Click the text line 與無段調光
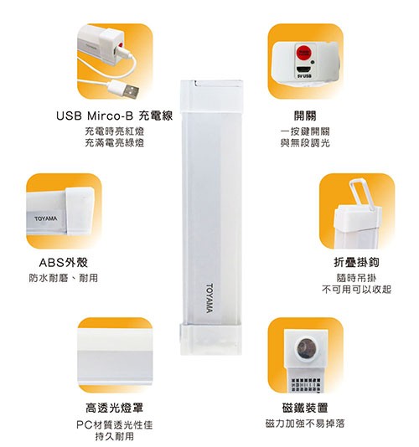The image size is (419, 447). [305, 144]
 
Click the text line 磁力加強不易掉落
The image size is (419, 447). [304, 423]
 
